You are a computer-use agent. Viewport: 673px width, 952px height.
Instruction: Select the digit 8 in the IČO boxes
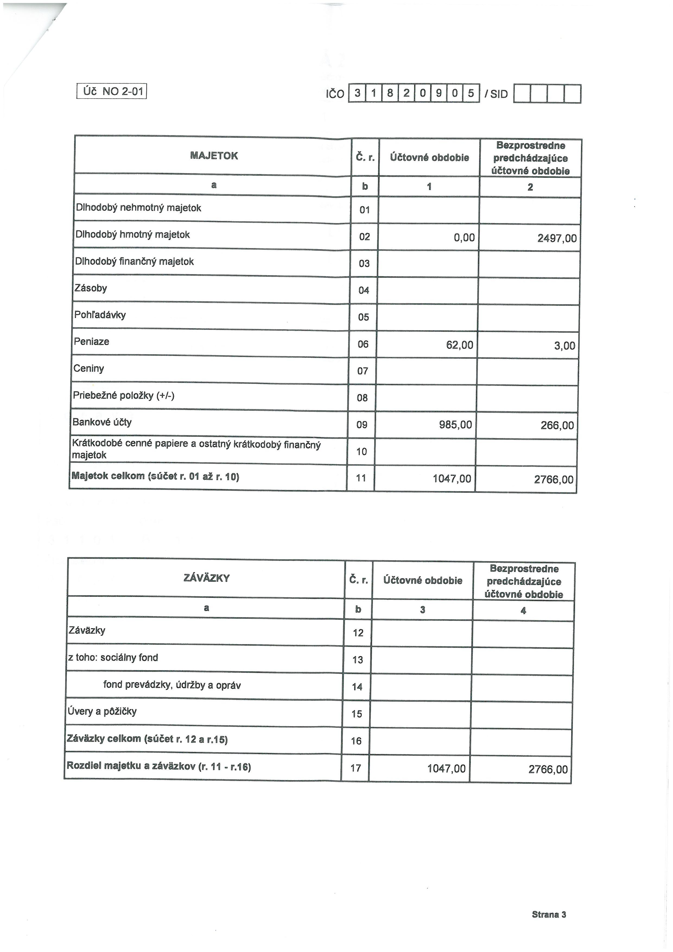click(x=389, y=94)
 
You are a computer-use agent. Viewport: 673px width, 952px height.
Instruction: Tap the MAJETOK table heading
click(x=214, y=156)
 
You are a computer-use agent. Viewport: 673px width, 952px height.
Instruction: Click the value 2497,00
click(x=557, y=238)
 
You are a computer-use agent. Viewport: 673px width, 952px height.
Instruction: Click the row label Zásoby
click(x=91, y=288)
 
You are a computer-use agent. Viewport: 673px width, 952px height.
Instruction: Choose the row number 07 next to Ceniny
click(x=363, y=371)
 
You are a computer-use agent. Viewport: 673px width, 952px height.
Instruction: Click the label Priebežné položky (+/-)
click(x=123, y=395)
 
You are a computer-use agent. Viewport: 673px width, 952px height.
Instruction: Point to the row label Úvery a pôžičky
click(x=102, y=711)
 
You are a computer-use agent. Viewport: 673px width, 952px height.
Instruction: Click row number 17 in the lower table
click(x=355, y=768)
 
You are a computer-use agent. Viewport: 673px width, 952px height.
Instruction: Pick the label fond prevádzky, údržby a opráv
click(x=172, y=685)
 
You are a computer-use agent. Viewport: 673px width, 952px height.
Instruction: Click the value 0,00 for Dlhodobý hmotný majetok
click(x=464, y=238)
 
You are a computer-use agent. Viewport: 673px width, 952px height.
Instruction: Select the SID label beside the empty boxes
click(x=499, y=94)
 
